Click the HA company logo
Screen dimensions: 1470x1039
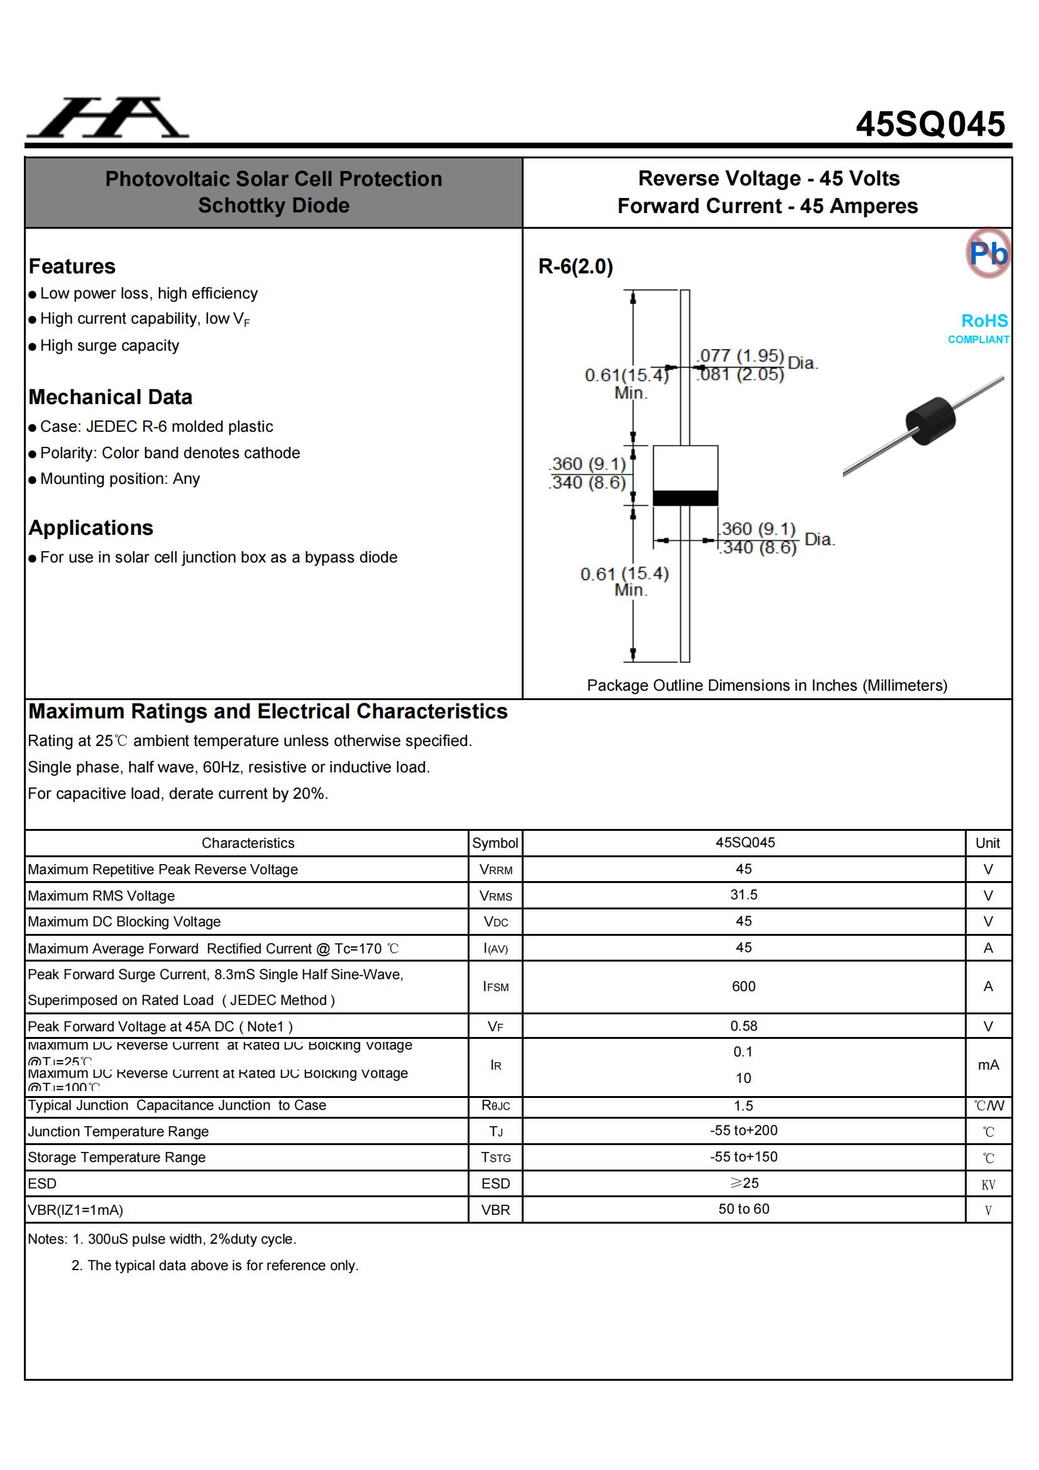107,118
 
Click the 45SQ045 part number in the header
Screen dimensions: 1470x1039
930,124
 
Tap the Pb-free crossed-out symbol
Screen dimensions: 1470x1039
988,253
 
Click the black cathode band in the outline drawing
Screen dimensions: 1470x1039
685,498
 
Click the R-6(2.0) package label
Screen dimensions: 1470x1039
576,266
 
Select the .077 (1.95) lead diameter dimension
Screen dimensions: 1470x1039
741,355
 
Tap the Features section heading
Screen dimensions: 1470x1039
72,266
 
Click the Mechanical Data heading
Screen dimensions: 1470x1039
110,397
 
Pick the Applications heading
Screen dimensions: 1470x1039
91,527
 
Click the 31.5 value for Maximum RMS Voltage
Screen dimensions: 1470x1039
743,895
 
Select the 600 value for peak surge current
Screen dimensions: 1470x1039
743,987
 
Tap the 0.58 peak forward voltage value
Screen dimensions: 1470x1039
743,1026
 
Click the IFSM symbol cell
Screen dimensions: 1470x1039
495,987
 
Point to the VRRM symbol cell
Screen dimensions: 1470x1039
495,869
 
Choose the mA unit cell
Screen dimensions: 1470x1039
988,1065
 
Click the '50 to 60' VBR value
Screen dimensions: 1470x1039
743,1209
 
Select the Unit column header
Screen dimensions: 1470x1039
987,843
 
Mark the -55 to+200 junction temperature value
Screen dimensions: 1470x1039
743,1131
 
